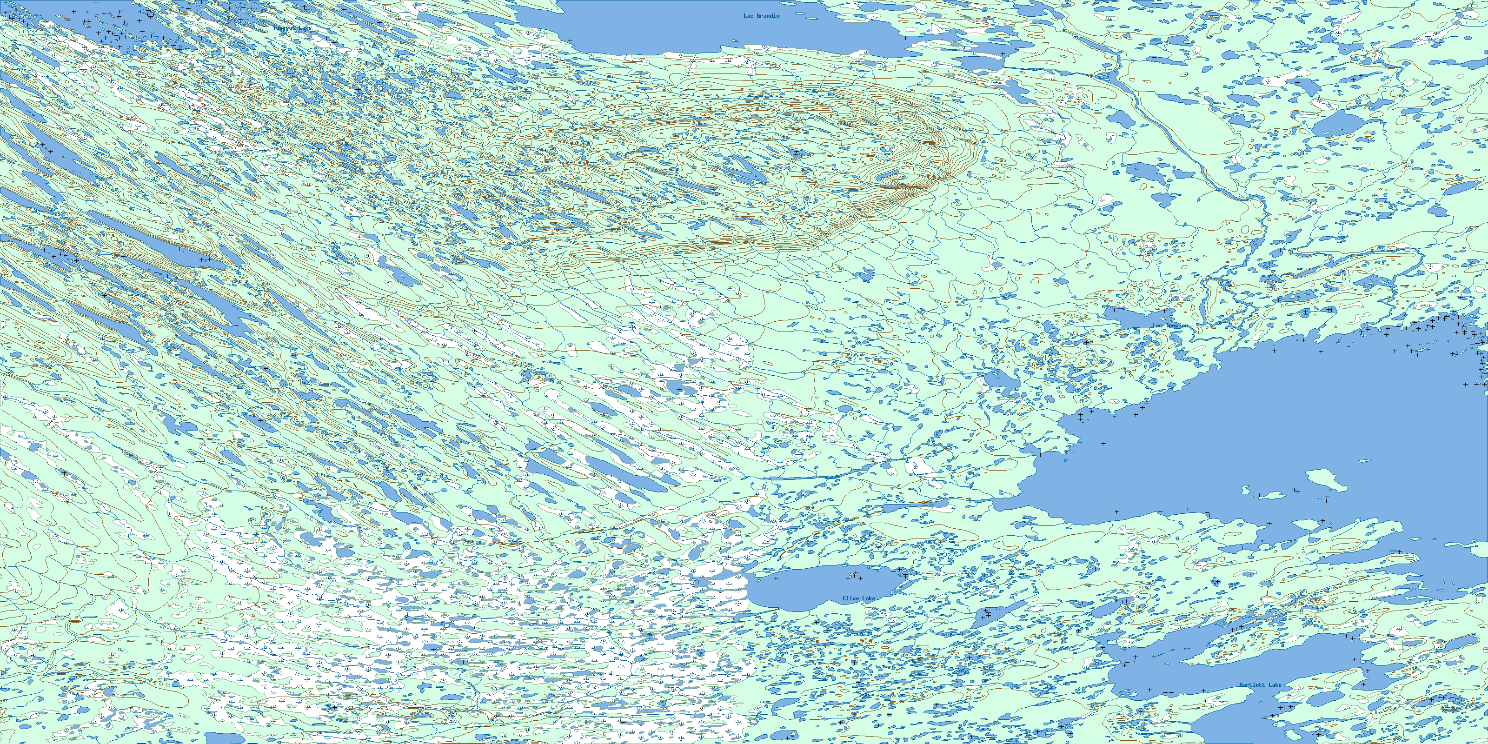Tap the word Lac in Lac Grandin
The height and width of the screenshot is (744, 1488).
[749, 16]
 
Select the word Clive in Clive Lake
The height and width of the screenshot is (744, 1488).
[850, 598]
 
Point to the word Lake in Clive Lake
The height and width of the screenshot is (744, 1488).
[868, 598]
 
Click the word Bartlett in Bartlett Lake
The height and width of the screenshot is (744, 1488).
[1252, 685]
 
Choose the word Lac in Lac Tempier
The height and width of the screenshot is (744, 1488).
[1157, 326]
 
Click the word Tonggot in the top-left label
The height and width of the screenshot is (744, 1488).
[284, 28]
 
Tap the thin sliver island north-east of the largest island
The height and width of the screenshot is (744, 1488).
[1364, 460]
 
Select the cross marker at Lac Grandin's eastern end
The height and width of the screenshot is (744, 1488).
[905, 38]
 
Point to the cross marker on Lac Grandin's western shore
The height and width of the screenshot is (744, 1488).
[570, 40]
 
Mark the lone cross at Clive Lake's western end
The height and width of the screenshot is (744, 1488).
[776, 578]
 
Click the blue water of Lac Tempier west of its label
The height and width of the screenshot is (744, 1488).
[1126, 317]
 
